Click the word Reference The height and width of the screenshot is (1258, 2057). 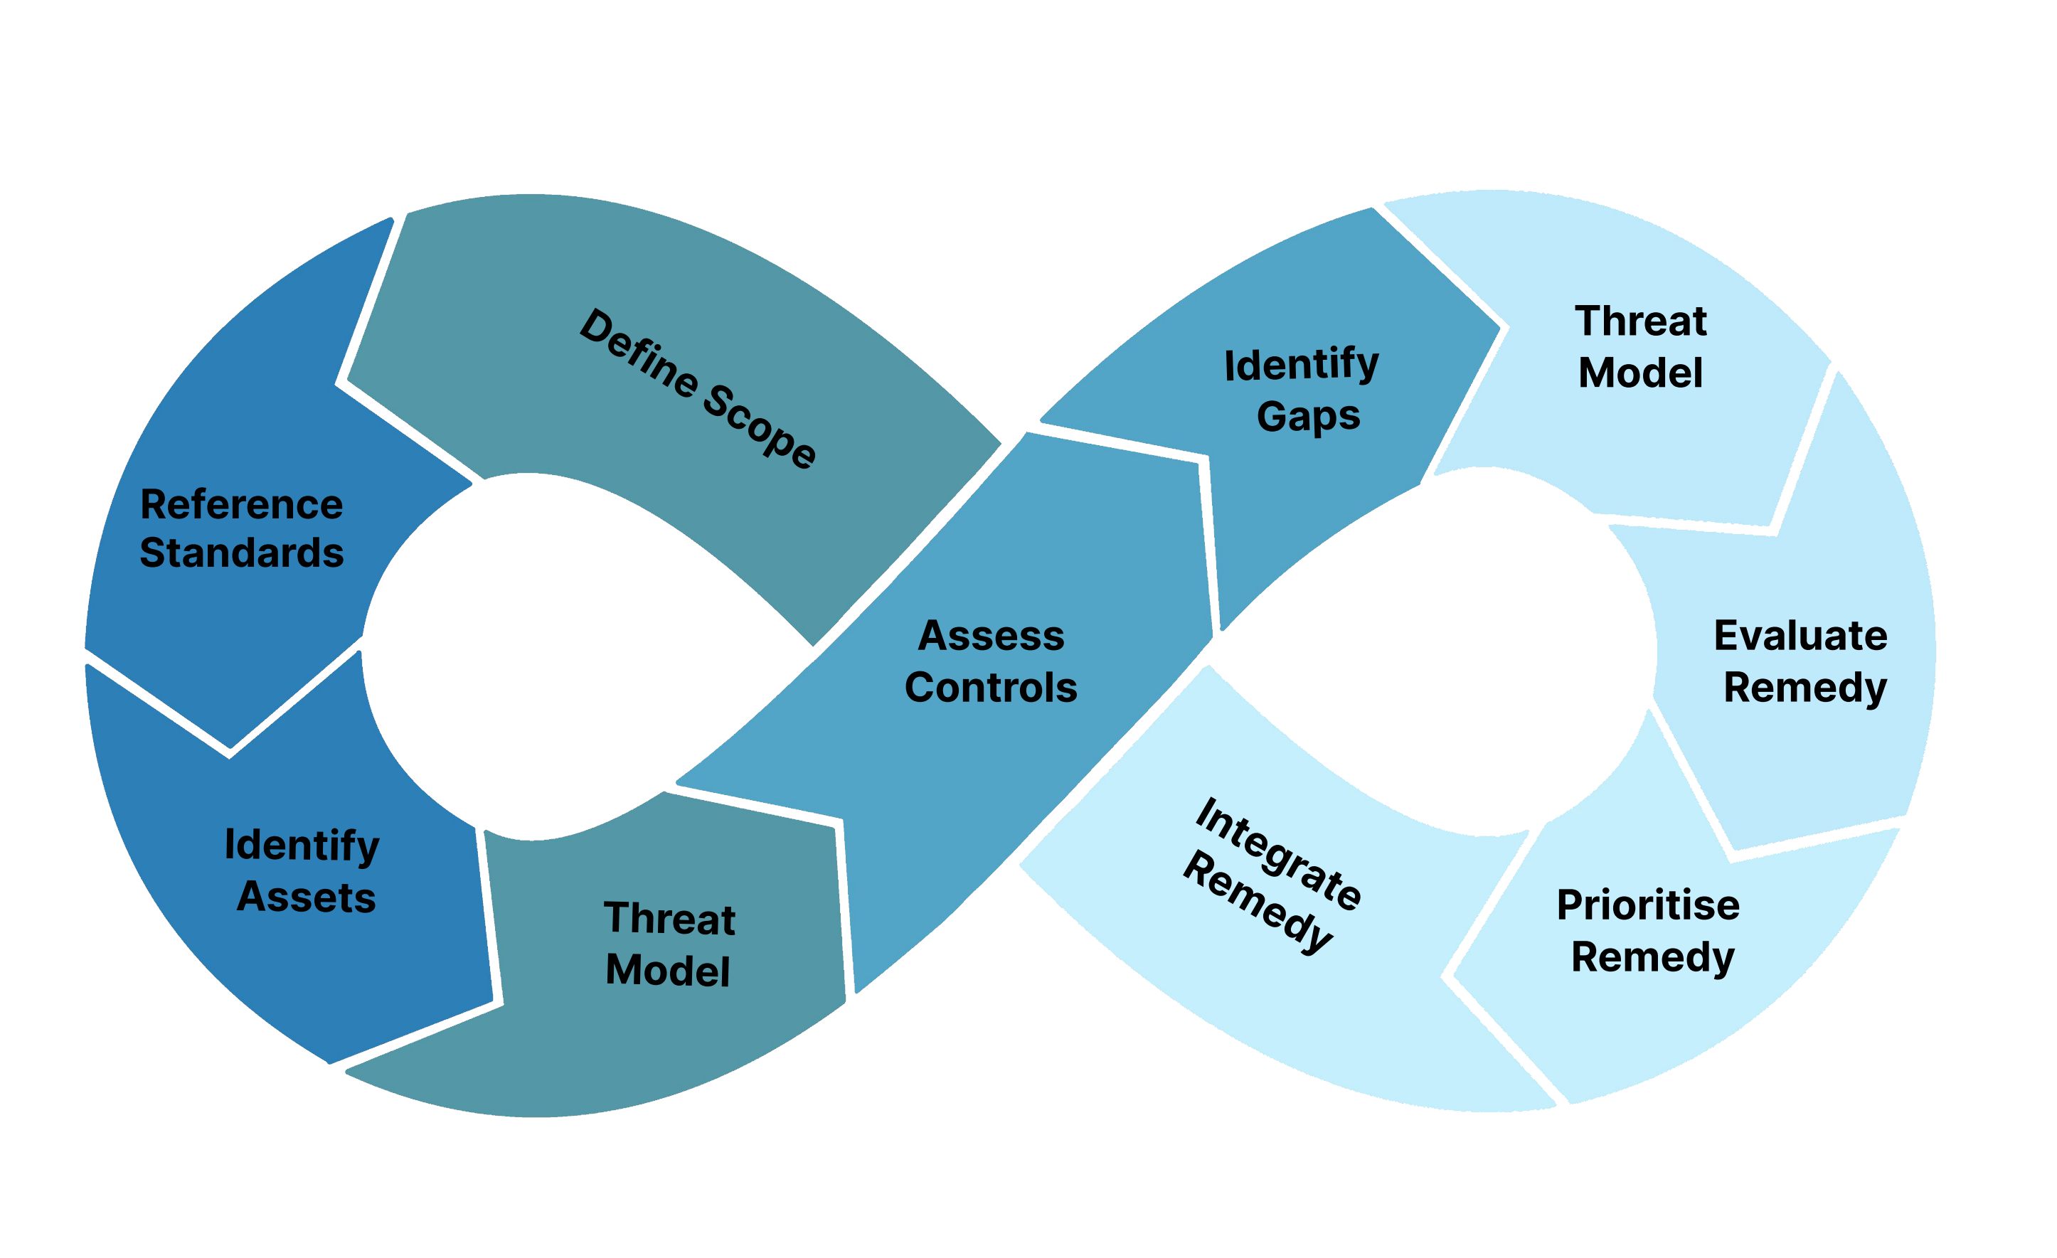[241, 505]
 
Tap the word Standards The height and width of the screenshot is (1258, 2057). [241, 553]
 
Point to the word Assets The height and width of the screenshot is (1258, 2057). [306, 897]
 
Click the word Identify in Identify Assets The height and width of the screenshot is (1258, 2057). [302, 846]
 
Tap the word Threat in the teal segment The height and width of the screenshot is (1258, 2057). [669, 919]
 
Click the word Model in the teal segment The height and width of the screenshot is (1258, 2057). [667, 971]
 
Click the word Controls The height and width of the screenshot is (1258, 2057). [991, 688]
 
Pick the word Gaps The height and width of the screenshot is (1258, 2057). [1308, 417]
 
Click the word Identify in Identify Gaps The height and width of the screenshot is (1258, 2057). [1302, 365]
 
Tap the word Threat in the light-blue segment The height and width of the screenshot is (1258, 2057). [1640, 321]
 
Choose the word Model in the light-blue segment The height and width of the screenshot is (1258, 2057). [1640, 373]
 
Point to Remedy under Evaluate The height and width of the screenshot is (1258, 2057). [1805, 688]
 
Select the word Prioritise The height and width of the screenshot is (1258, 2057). [1648, 906]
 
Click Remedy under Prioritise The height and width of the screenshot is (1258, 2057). [1652, 957]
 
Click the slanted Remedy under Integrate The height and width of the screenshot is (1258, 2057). [1258, 902]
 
